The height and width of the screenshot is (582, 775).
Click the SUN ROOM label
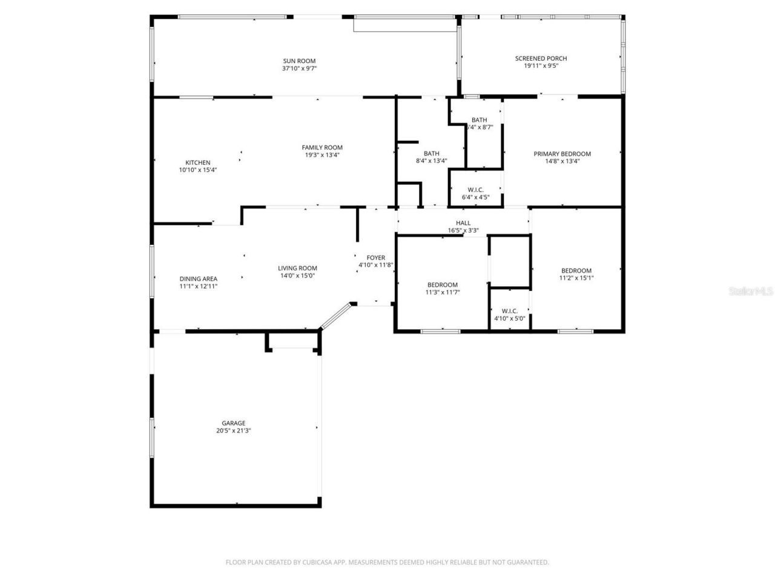299,61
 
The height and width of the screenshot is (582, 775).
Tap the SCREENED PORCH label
541,58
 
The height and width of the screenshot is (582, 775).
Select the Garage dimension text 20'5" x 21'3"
233,431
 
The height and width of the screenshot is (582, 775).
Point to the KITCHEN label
197,162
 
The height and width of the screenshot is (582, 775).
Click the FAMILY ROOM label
322,147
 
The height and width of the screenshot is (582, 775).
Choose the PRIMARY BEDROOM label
562,154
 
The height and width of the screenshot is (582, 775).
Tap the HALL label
463,223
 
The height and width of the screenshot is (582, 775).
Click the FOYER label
375,258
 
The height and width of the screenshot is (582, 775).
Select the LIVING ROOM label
297,268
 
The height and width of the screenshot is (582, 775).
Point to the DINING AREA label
198,279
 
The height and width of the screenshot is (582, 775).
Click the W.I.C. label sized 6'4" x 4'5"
475,190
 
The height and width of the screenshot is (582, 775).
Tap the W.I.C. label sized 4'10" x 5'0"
509,310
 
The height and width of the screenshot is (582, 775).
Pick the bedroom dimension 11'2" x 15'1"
576,278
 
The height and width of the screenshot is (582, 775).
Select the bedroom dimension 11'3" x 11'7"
442,292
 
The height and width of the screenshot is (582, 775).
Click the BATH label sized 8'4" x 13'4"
431,153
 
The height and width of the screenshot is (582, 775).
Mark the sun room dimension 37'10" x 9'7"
299,69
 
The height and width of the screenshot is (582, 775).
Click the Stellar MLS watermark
751,291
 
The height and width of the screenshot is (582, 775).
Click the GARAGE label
233,423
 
